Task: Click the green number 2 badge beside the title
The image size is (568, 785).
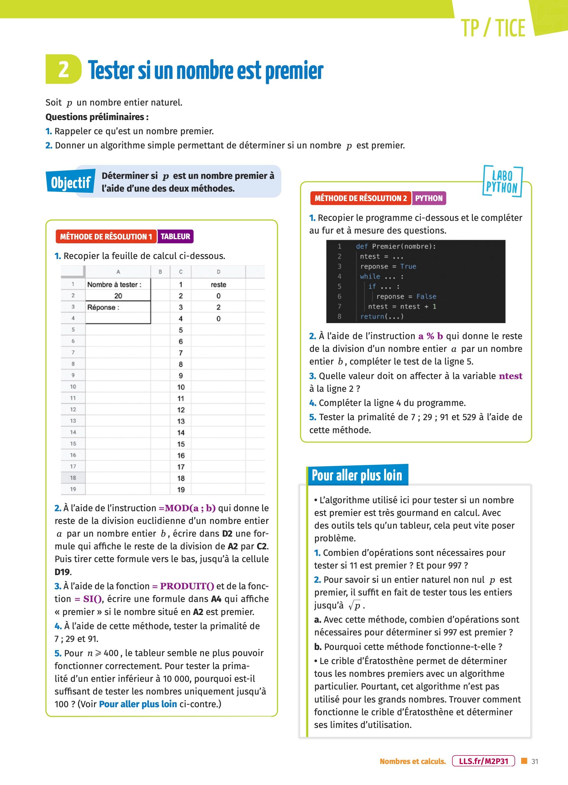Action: click(63, 69)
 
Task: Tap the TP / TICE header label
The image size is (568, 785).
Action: click(493, 28)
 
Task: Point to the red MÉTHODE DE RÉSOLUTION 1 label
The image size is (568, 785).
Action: click(106, 237)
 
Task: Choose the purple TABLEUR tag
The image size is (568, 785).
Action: click(175, 237)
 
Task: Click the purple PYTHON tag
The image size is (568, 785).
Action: click(429, 198)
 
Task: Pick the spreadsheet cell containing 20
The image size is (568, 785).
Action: click(118, 296)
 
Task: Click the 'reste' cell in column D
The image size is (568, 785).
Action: click(218, 284)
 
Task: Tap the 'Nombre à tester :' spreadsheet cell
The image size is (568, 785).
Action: click(114, 284)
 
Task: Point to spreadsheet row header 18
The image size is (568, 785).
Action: click(73, 478)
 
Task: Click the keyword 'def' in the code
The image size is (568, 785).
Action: click(362, 246)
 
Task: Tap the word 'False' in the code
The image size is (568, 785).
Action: click(426, 297)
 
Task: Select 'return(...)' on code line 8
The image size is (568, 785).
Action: click(382, 316)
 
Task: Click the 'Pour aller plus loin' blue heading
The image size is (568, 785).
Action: click(357, 475)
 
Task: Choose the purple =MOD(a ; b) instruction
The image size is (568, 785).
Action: click(187, 508)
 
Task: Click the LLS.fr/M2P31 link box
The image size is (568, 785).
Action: click(483, 761)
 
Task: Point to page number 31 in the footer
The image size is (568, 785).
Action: click(535, 761)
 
